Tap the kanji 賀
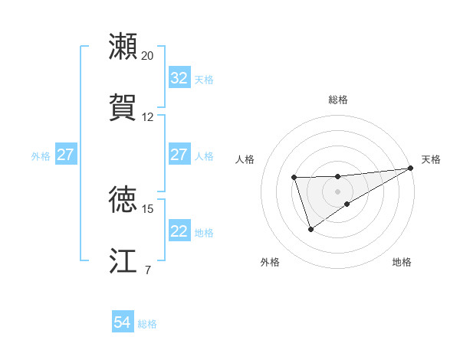[x=123, y=106]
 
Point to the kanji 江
[x=123, y=260]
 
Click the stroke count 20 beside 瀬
[x=148, y=56]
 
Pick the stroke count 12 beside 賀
[x=148, y=117]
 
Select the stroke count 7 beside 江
[x=147, y=270]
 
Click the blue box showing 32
[x=179, y=78]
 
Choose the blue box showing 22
[x=179, y=232]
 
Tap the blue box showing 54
[x=122, y=323]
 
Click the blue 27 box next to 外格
[x=65, y=155]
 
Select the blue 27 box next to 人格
[x=179, y=155]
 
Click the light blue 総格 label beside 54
[x=147, y=324]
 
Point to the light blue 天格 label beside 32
[x=204, y=79]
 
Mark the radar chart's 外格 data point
[x=310, y=229]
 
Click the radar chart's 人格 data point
[x=294, y=178]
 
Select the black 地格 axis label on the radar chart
[x=402, y=262]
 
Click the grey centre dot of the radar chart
[x=337, y=190]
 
